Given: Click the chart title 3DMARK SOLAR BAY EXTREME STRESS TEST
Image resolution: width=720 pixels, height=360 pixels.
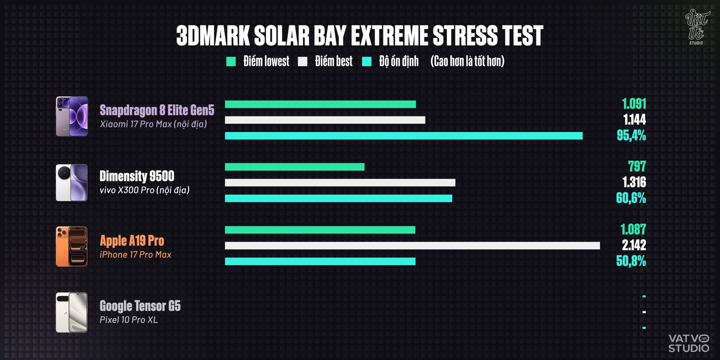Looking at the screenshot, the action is pos(360,36).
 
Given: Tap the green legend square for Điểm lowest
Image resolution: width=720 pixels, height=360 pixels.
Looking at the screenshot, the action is pos(231,61).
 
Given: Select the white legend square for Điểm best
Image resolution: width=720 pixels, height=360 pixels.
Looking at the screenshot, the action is pos(303,61).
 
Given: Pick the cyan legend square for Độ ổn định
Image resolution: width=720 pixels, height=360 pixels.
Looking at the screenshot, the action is pos(367,61).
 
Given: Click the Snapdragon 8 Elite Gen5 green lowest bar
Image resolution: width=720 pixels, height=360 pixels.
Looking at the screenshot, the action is pos(320,104).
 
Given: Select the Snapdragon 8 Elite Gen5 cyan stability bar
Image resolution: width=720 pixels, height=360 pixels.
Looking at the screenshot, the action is pos(404,136).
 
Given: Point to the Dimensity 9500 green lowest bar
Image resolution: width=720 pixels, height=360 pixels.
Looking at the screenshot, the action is pos(295,167).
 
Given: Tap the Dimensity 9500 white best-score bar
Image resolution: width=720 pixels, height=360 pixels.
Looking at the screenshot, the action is pos(340,183).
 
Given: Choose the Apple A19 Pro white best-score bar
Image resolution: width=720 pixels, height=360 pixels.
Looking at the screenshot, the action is pos(412,246).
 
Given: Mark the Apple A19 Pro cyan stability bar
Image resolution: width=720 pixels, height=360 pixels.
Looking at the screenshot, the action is pos(320,261).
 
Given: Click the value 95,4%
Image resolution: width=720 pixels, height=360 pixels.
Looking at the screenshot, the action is pos(631,135).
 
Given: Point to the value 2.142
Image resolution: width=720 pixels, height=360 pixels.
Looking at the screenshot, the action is pos(634,245).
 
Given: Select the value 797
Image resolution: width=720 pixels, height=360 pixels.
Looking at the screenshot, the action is pos(637,166).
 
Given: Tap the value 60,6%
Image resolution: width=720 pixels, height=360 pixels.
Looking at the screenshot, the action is pos(631,198).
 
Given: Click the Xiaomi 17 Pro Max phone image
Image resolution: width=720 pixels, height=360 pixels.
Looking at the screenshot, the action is pos(72,116).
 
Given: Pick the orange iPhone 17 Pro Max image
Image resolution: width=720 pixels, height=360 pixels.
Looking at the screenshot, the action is pos(72,246).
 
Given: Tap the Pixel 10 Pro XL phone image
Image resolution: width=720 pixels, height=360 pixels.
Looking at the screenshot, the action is pos(72,312).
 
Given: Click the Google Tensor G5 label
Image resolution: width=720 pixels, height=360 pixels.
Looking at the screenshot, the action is pos(140,306).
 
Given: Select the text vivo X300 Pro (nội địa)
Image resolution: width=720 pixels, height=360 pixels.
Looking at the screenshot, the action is pos(145,190).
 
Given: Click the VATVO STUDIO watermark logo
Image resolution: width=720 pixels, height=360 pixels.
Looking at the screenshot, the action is pos(689,343).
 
